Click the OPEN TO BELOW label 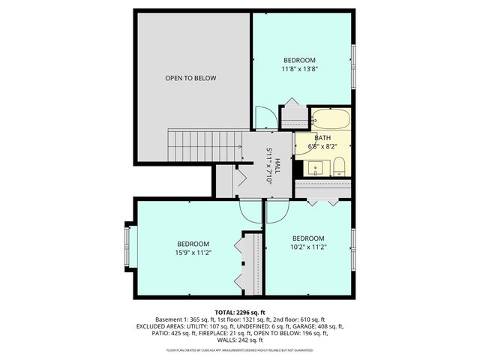[x=190, y=78]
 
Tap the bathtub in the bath [x=329, y=119]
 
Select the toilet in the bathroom [x=339, y=166]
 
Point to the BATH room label [x=322, y=138]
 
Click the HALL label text [x=277, y=166]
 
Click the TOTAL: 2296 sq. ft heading [x=239, y=311]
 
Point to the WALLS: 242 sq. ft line [x=239, y=340]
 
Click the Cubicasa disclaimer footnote [x=239, y=349]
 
